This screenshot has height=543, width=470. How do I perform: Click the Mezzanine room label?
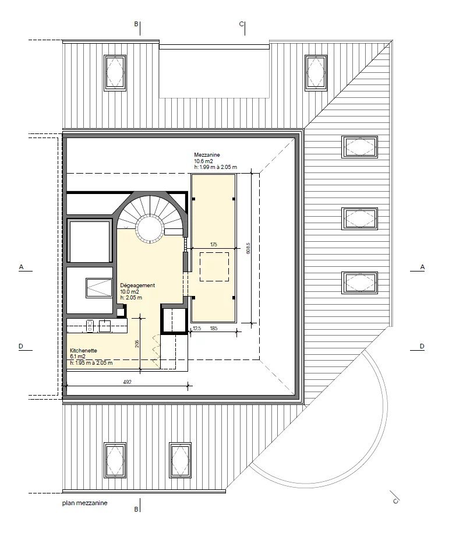point(207,155)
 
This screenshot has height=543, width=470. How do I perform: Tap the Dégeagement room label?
point(137,285)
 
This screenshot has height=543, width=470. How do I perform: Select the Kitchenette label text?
point(83,351)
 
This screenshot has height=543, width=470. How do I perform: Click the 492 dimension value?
point(127,382)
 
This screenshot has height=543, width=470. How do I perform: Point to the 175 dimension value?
point(214,245)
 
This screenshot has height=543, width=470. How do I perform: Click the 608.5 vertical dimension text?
point(248,248)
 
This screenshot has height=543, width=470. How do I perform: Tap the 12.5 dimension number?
point(197,328)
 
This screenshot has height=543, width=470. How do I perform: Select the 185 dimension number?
point(214,328)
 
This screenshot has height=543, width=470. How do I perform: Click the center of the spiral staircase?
point(150,228)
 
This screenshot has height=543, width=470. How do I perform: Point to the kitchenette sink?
point(105,326)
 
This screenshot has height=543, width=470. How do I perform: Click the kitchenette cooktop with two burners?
point(90,326)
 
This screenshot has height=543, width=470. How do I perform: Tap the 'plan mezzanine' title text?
point(85,503)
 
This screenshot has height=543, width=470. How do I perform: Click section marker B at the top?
point(136,24)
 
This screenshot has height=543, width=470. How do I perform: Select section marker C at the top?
point(241,24)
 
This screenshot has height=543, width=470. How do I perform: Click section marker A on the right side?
point(422,267)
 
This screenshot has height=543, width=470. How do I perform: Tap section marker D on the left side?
point(21,346)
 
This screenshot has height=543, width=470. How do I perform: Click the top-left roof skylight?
point(115,73)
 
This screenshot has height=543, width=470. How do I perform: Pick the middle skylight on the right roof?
point(359,218)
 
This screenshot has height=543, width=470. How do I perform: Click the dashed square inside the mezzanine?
point(214,267)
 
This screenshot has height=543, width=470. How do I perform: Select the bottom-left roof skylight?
point(115,460)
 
